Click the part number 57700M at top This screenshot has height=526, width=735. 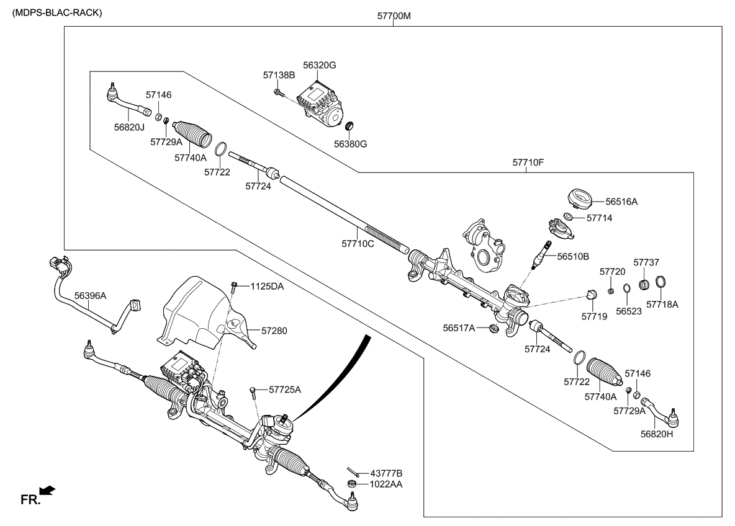pos(394,16)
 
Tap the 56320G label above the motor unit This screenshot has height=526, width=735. pos(320,65)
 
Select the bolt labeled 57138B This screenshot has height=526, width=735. pos(278,93)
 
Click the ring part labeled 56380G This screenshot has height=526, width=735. pos(349,127)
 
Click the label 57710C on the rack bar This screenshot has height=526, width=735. pos(358,244)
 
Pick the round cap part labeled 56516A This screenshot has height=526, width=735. pos(579,198)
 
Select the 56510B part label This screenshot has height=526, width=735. pos(572,256)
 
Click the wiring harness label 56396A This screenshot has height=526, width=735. pos(91,296)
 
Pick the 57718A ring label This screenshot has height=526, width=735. pos(662,305)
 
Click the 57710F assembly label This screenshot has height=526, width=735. pos(528,163)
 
